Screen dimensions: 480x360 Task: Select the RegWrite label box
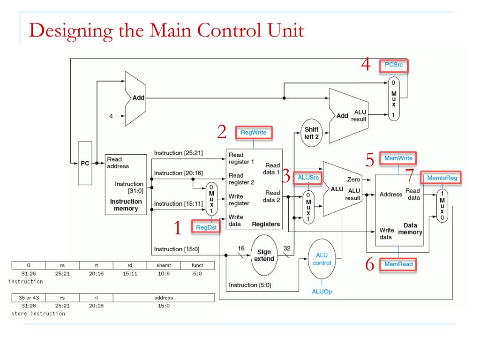254,133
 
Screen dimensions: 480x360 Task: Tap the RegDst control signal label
206,227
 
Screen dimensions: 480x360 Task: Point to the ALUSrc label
308,178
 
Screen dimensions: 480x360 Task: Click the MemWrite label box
398,158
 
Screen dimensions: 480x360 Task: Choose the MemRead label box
398,264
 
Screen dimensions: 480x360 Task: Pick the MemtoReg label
442,178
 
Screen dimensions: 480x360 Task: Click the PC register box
85,163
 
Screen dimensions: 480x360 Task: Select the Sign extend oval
264,255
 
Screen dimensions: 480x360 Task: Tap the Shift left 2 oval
311,133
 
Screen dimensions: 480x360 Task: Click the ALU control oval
322,259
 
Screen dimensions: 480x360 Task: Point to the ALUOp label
322,292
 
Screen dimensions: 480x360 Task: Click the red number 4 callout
366,64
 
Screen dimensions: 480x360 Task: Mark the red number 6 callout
370,264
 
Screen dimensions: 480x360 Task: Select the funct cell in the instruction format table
197,265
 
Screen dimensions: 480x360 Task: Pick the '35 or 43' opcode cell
29,298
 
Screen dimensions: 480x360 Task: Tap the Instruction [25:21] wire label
178,153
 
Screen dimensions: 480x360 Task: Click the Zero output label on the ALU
353,180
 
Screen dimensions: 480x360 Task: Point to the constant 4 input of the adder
111,116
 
